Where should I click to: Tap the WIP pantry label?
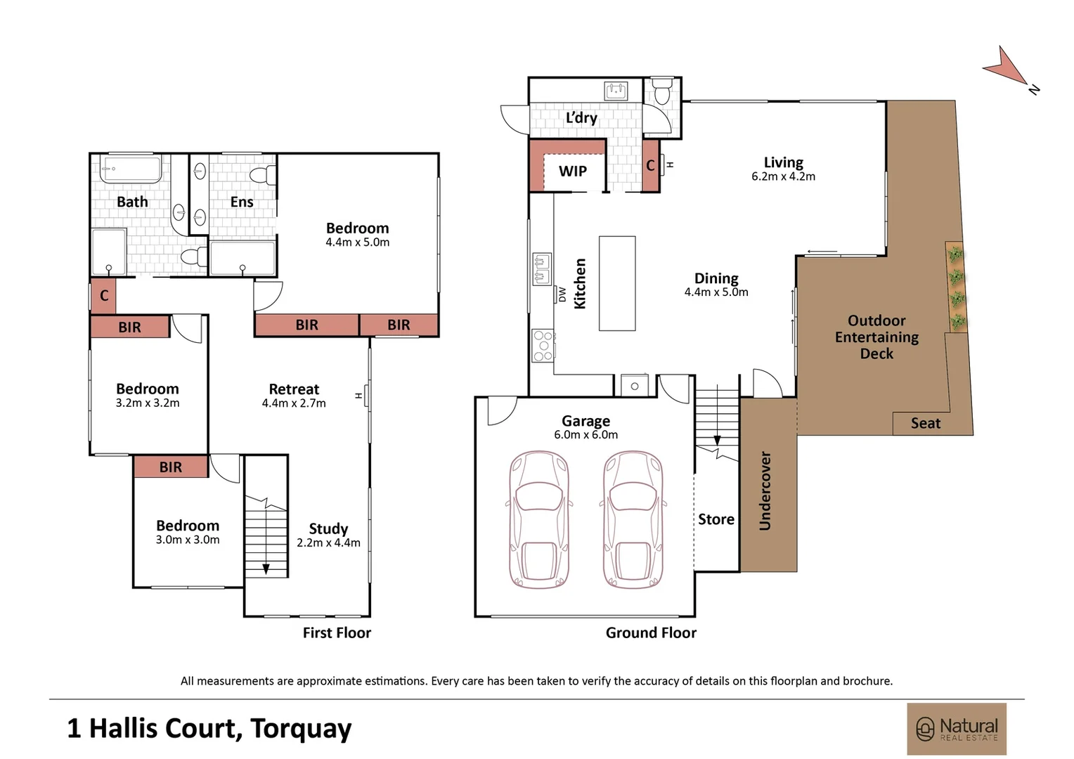pos(572,171)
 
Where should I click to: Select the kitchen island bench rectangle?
pos(617,283)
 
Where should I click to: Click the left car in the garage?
pos(539,519)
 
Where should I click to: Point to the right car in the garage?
pos(633,519)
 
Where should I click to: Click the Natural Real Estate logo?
pos(957,729)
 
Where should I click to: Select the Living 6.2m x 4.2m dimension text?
pos(784,176)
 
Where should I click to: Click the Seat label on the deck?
pos(926,423)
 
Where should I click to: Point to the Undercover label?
pos(765,491)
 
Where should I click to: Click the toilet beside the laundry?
pos(662,91)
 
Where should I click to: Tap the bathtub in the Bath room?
pos(131,169)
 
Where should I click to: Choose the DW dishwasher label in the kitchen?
pos(562,294)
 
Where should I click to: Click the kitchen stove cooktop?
pos(543,345)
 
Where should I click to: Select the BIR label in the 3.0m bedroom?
pos(171,467)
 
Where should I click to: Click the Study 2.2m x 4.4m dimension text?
pos(328,543)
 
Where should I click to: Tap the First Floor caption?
pos(337,633)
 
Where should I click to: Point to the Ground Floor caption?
pos(651,633)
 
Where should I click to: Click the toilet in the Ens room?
pos(263,175)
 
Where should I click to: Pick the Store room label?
pos(716,519)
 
